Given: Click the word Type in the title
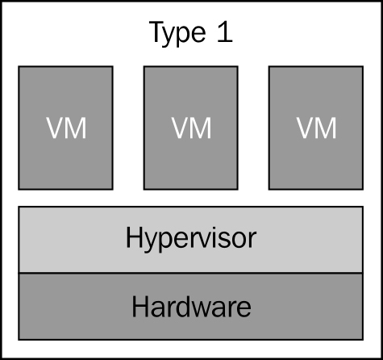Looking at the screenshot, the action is [x=177, y=34].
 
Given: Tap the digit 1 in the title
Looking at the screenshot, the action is [x=225, y=31].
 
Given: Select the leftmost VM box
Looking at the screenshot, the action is [x=65, y=128].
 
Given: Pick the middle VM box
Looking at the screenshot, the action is [x=191, y=128].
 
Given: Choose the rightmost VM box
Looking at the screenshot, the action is [x=316, y=128].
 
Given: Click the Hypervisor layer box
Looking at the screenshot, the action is [x=191, y=240].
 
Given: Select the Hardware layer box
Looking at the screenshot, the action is [x=191, y=307].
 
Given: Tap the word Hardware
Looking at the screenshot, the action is [x=191, y=306].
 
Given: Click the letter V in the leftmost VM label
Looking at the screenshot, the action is [x=55, y=128].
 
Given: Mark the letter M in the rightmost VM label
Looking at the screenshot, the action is [x=327, y=128].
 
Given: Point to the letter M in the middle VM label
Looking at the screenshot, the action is [x=202, y=128].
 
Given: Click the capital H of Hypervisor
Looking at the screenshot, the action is [x=134, y=237].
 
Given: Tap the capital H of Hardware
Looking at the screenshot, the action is [x=140, y=306].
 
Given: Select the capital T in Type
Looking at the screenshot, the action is [x=158, y=31].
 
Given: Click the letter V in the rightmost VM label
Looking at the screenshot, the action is [x=306, y=128].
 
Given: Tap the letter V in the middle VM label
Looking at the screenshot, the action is [x=181, y=128].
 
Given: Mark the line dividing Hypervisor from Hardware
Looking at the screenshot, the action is [x=191, y=273].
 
